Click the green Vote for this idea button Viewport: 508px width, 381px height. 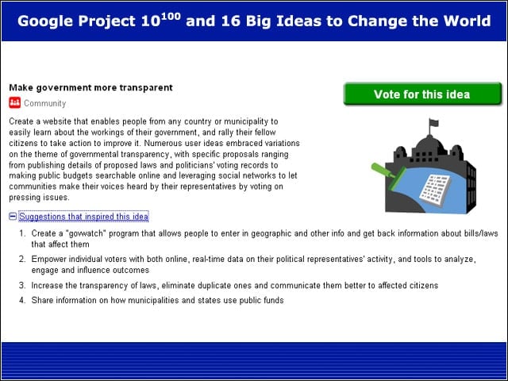coord(422,94)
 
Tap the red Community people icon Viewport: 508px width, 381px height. coord(14,102)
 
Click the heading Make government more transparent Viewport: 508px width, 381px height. coord(90,88)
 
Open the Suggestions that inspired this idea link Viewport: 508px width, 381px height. coord(83,217)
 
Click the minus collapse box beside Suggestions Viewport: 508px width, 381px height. coord(13,217)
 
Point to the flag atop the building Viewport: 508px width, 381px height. coord(433,123)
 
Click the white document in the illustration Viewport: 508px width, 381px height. coord(435,190)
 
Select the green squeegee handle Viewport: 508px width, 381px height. coord(383,171)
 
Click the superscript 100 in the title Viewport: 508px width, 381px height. coord(171,16)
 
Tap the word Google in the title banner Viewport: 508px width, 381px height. coord(45,21)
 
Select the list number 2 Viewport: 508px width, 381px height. coord(22,260)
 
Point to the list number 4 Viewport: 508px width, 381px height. coord(22,300)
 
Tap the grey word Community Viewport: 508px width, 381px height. coord(45,103)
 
